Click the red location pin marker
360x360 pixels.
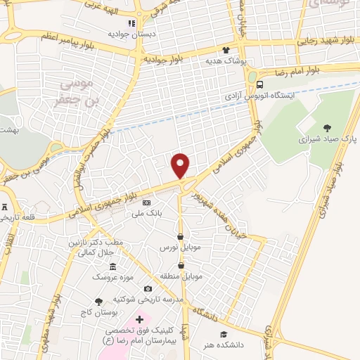(181, 165)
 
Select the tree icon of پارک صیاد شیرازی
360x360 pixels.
(327, 127)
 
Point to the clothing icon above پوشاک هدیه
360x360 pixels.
(226, 50)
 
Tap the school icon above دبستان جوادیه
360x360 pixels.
(131, 23)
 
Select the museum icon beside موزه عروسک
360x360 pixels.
(113, 267)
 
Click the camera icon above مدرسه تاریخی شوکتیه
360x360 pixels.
(148, 288)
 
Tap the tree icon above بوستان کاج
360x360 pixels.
(98, 301)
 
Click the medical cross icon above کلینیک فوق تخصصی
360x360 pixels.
(139, 320)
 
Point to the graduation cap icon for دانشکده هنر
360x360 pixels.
(224, 334)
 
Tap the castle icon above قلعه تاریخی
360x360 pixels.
(6, 207)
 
